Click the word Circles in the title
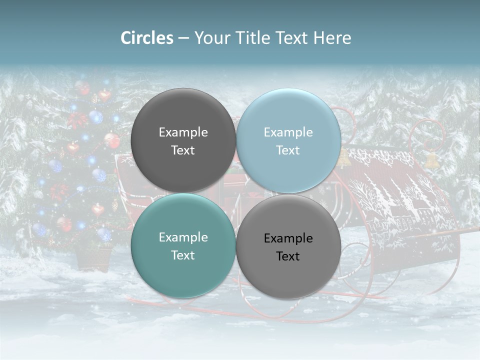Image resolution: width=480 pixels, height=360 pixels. pyautogui.click(x=146, y=38)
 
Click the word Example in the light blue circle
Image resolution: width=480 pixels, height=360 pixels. pyautogui.click(x=288, y=132)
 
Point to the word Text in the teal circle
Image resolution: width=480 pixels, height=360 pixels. pyautogui.click(x=183, y=255)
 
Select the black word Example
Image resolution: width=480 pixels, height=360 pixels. pyautogui.click(x=288, y=238)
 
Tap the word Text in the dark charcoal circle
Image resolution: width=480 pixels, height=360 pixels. pyautogui.click(x=183, y=150)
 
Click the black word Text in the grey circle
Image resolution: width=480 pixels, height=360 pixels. pyautogui.click(x=288, y=256)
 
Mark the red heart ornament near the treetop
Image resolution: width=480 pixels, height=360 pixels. pyautogui.click(x=104, y=95)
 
